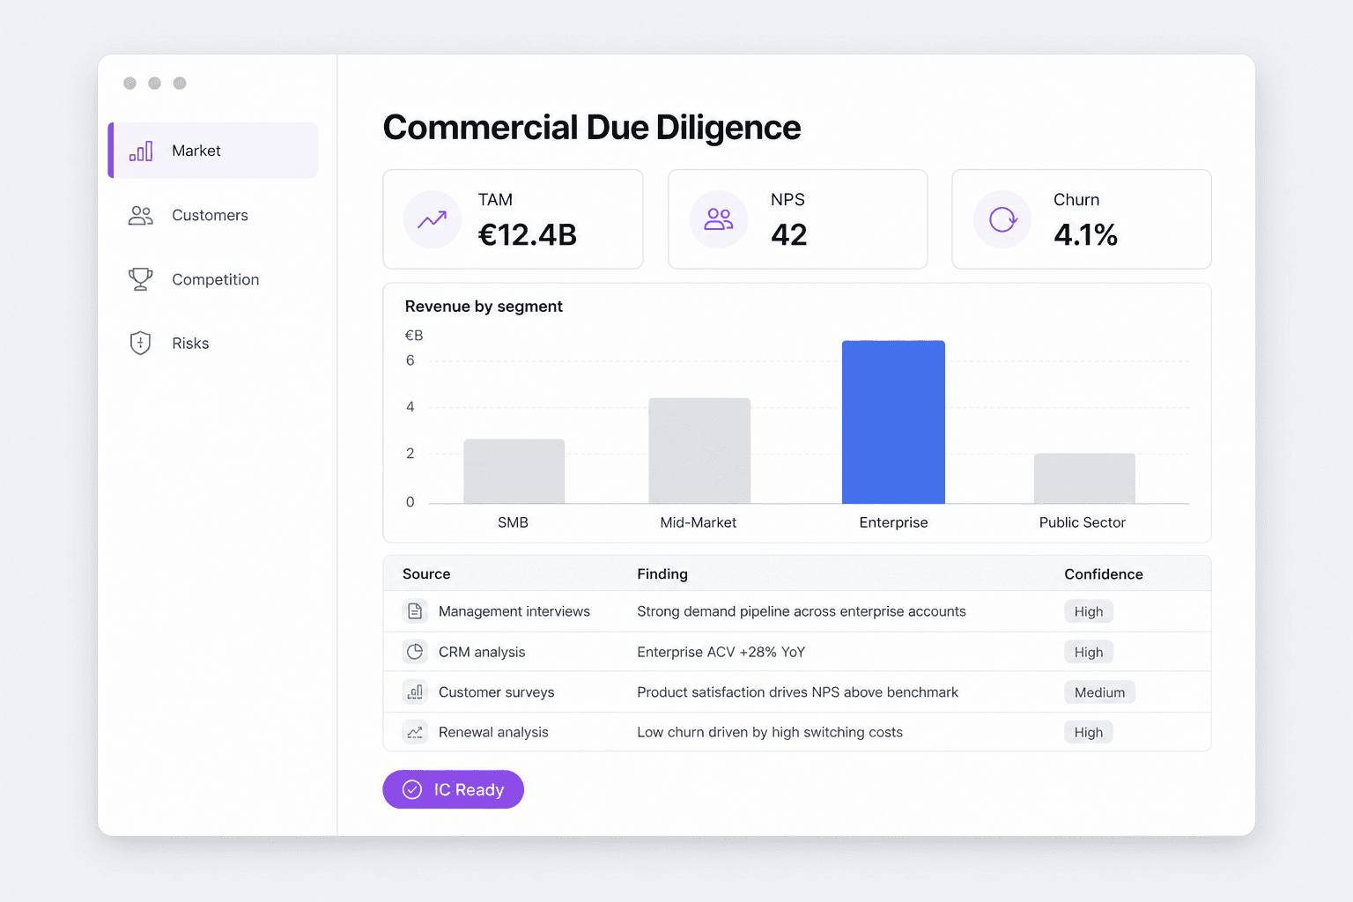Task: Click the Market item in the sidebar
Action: click(x=213, y=151)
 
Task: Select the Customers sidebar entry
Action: click(x=189, y=215)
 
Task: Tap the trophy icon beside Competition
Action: click(x=140, y=279)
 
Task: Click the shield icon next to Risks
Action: click(x=140, y=344)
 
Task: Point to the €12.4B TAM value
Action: click(x=528, y=234)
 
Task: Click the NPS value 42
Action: click(x=789, y=234)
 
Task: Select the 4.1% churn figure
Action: click(x=1085, y=234)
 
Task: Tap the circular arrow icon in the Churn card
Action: click(x=1002, y=219)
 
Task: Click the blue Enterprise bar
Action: click(x=893, y=422)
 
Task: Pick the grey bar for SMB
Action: click(x=514, y=470)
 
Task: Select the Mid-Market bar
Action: click(x=699, y=450)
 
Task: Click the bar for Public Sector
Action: click(x=1084, y=478)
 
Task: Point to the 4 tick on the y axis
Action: click(x=410, y=407)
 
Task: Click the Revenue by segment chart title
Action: click(x=484, y=307)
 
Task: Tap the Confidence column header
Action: click(x=1104, y=574)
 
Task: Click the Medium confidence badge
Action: click(x=1099, y=692)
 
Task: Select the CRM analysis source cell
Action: click(x=482, y=652)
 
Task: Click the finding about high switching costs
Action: click(x=770, y=732)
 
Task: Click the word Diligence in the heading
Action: click(x=728, y=128)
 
